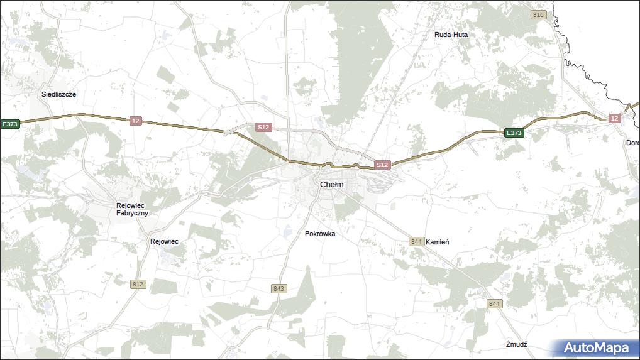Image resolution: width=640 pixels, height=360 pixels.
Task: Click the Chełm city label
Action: click(332, 185)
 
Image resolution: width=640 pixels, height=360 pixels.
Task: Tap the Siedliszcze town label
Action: click(58, 94)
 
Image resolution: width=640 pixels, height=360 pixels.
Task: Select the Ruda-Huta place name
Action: click(451, 35)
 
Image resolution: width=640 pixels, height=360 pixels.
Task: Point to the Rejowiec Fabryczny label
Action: click(132, 209)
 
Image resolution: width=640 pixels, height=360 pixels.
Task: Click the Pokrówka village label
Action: click(320, 234)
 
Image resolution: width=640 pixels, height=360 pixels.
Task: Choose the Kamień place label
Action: click(437, 242)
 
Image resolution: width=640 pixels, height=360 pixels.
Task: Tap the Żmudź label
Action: click(516, 344)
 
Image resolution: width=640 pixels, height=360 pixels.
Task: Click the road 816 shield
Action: click(538, 15)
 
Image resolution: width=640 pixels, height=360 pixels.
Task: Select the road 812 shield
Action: click(138, 285)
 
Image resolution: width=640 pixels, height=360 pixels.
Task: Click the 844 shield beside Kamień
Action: click(416, 242)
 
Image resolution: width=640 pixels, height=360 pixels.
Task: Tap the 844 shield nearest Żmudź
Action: click(495, 304)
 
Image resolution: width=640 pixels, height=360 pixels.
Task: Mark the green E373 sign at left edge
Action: click(10, 124)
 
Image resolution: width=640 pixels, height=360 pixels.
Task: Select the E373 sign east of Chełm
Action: click(514, 133)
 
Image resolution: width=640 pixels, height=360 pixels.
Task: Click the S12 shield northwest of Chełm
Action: click(263, 127)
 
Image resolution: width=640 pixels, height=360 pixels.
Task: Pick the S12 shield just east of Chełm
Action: click(382, 165)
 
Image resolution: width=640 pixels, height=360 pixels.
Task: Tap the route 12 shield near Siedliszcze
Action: click(136, 121)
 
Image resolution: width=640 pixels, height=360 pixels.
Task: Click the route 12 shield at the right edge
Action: click(614, 118)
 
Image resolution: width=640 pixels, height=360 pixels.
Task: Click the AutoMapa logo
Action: click(595, 348)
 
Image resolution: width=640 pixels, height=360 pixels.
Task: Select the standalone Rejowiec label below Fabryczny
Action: click(165, 241)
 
